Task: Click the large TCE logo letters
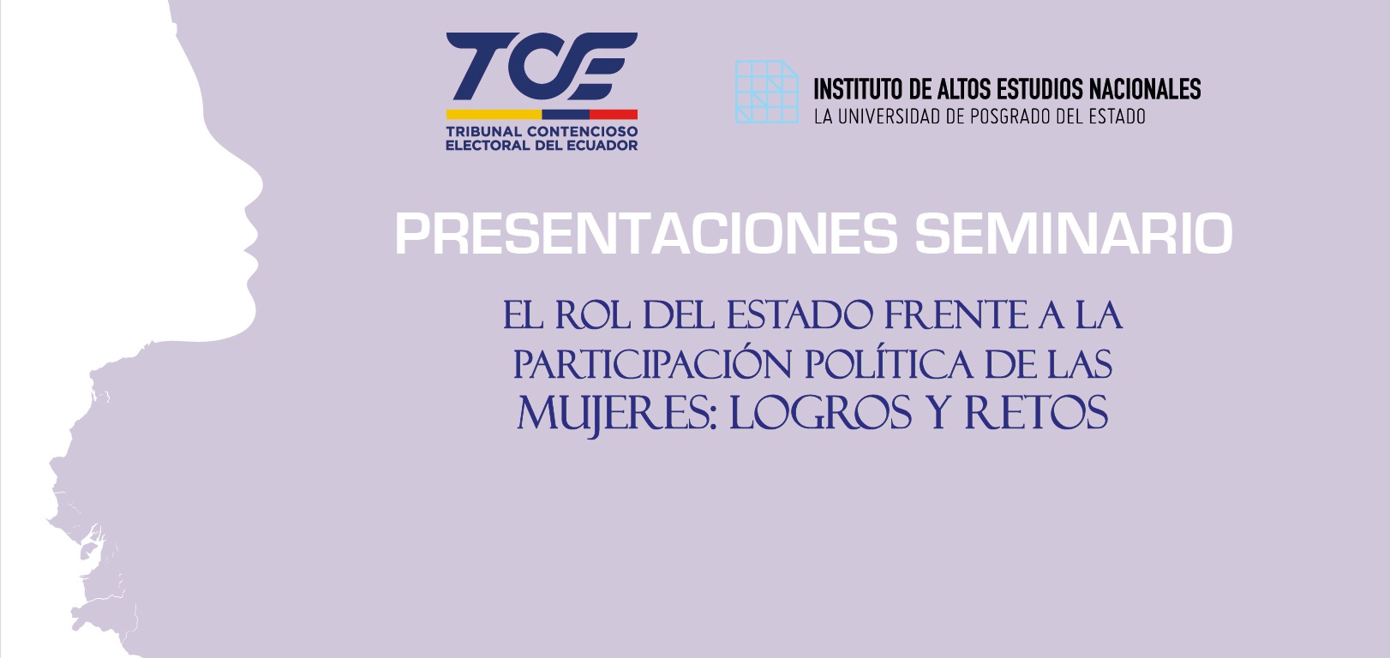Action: (542, 66)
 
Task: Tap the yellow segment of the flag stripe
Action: (494, 114)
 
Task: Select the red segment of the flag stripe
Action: (613, 114)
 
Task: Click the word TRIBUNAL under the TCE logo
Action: (483, 131)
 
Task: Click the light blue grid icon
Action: (766, 92)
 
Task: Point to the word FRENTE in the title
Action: (955, 315)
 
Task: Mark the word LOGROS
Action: (820, 415)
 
